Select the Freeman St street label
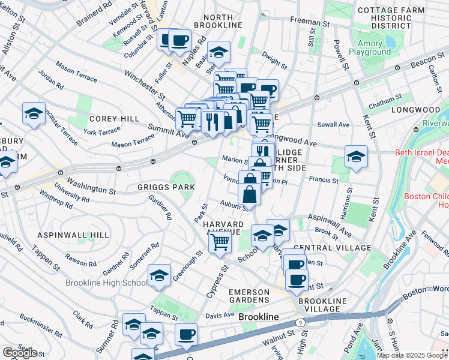coord(310,21)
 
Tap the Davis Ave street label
coord(220,314)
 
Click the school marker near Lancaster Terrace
coord(34,113)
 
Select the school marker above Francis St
coord(356,157)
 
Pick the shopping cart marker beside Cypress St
coord(220,242)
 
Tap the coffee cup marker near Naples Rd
coord(179,40)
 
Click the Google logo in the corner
coord(20,353)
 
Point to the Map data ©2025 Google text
coord(412,356)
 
